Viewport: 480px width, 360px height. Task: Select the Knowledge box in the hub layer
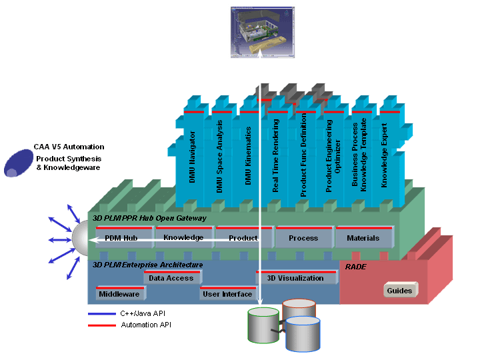click(x=183, y=237)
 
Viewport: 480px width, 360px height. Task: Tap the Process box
click(x=303, y=238)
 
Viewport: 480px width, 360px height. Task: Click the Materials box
click(x=363, y=238)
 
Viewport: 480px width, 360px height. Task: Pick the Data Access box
click(x=171, y=278)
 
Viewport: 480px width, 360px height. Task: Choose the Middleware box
click(x=119, y=294)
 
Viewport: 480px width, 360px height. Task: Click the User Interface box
click(x=227, y=294)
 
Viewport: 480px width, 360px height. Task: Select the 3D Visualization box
click(x=295, y=278)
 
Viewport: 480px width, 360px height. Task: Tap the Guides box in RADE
click(x=400, y=291)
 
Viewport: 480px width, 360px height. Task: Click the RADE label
click(x=356, y=266)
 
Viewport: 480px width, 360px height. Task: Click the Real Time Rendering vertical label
click(x=275, y=156)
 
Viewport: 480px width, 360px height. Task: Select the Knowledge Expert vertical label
click(x=385, y=153)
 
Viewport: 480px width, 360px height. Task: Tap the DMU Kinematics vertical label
click(x=248, y=156)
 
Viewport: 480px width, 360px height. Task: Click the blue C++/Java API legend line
click(x=101, y=314)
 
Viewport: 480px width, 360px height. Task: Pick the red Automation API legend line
click(x=101, y=325)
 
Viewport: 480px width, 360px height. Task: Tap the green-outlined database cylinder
click(x=263, y=325)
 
